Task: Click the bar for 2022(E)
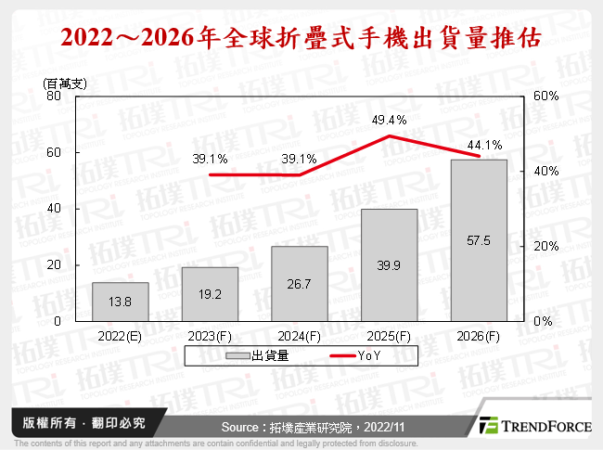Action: tap(120, 302)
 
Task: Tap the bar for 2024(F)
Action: tap(300, 283)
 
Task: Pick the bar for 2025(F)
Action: tap(390, 264)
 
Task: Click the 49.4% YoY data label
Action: tap(390, 120)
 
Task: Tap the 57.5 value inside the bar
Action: tap(479, 240)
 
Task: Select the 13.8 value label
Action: tap(120, 302)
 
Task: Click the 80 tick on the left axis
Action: tap(54, 96)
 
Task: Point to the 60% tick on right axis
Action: tap(545, 96)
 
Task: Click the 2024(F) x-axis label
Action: tap(300, 335)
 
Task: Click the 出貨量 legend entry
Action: tap(269, 355)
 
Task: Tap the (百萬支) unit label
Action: tap(64, 83)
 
